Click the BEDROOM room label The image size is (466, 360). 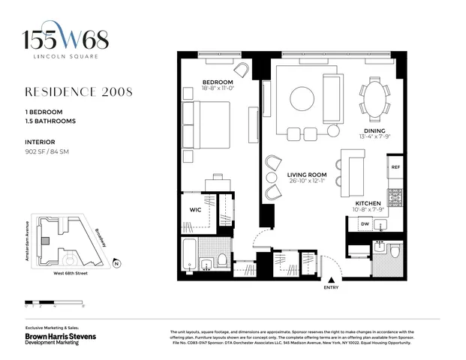pos(218,82)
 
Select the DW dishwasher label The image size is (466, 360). pos(364,223)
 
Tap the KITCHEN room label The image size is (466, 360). pos(368,203)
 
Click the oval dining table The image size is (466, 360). pos(374,99)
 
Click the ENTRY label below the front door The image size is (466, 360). pos(330,286)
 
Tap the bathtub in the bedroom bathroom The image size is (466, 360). pos(188,256)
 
